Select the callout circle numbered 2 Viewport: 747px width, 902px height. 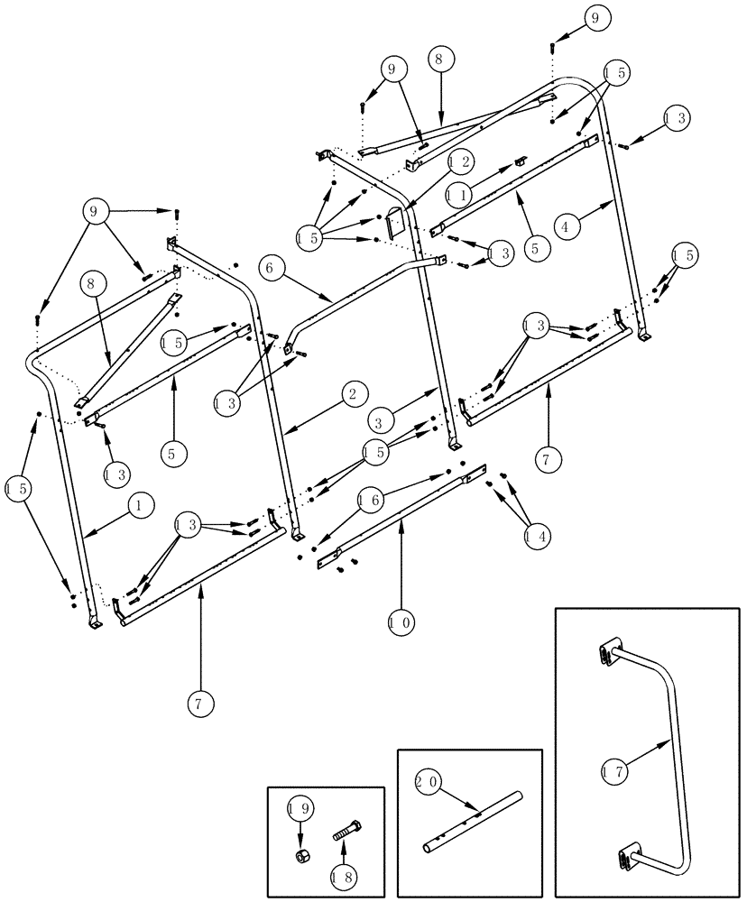353,394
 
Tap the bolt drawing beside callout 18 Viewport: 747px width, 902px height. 348,831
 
